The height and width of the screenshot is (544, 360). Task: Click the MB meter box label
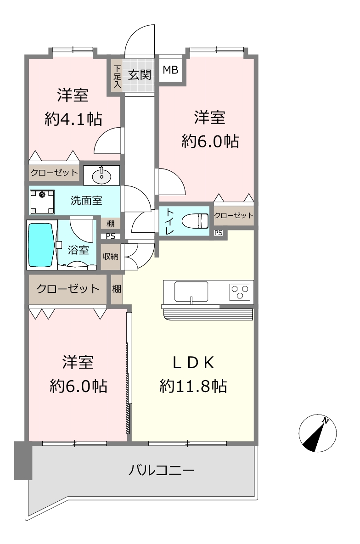pyautogui.click(x=170, y=70)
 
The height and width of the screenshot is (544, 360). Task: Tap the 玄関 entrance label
pyautogui.click(x=139, y=74)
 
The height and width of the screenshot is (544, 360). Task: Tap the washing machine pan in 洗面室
pyautogui.click(x=42, y=202)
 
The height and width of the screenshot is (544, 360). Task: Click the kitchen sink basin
pyautogui.click(x=191, y=292)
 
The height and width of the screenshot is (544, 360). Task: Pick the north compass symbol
pyautogui.click(x=317, y=433)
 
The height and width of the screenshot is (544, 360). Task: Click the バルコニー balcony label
pyautogui.click(x=162, y=471)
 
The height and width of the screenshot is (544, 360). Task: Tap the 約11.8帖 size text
pyautogui.click(x=193, y=386)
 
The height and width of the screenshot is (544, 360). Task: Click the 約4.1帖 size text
pyautogui.click(x=73, y=119)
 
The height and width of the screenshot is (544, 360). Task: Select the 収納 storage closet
pyautogui.click(x=110, y=257)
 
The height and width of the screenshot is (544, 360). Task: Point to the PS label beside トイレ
pyautogui.click(x=219, y=233)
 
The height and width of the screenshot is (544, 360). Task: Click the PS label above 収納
pyautogui.click(x=110, y=236)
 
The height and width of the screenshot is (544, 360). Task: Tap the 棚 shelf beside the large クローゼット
pyautogui.click(x=117, y=289)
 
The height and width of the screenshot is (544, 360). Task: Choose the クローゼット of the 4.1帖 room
pyautogui.click(x=54, y=173)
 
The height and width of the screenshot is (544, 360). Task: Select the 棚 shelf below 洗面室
pyautogui.click(x=110, y=224)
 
